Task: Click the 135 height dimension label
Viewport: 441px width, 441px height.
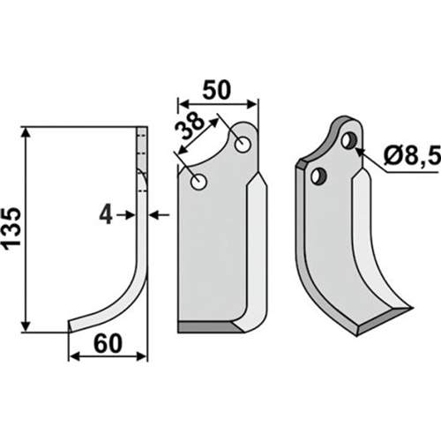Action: pyautogui.click(x=12, y=226)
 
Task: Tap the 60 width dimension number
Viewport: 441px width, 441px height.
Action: pyautogui.click(x=108, y=344)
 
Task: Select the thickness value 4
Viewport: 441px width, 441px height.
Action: pyautogui.click(x=106, y=215)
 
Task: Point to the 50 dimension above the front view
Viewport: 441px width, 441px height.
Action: pyautogui.click(x=216, y=90)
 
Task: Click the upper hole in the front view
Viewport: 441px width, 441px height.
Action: pyautogui.click(x=243, y=145)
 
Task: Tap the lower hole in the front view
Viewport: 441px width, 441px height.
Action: pyautogui.click(x=199, y=182)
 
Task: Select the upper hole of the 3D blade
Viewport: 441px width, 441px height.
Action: pyautogui.click(x=349, y=140)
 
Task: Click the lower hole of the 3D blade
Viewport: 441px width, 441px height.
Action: pyautogui.click(x=319, y=176)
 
